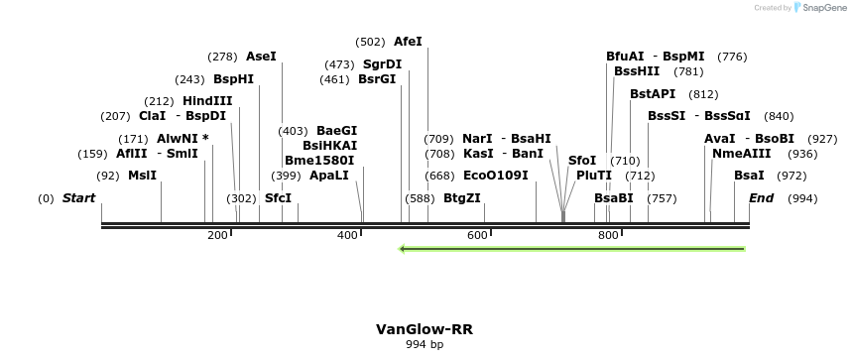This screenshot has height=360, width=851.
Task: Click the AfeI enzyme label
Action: (408, 42)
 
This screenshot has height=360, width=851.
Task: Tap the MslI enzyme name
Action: (143, 176)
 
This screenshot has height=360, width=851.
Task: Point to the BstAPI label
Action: (653, 94)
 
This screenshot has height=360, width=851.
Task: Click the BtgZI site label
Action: (462, 198)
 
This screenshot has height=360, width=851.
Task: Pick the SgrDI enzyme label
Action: (382, 64)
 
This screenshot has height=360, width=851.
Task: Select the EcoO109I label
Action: (496, 176)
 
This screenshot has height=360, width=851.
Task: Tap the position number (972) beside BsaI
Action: (791, 176)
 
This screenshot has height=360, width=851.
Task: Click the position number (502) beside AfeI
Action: (370, 42)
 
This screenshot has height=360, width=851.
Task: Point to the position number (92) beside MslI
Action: (107, 176)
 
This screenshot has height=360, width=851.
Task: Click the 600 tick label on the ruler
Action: (477, 235)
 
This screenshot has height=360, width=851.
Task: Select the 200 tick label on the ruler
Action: (217, 235)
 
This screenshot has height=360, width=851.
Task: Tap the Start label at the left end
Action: (78, 198)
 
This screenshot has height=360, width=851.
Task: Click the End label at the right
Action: (761, 198)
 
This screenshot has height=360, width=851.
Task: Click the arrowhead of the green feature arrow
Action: (403, 249)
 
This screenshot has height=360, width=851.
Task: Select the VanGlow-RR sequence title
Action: (424, 329)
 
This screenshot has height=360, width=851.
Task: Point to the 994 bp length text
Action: (425, 345)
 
